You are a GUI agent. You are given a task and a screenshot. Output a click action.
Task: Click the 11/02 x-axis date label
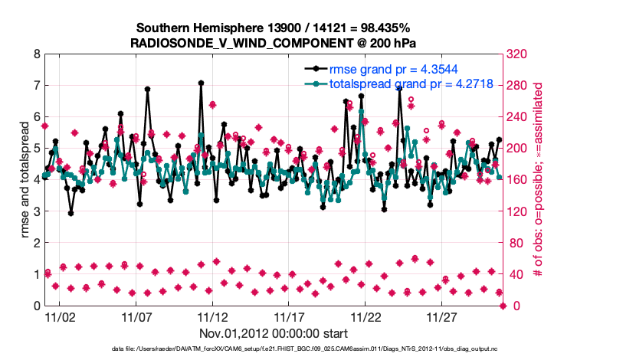point(60,316)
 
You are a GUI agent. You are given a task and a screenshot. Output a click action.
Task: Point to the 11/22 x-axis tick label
point(366,316)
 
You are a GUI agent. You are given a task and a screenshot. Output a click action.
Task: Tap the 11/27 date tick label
point(442,316)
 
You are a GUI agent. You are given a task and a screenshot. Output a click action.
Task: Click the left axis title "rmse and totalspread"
point(25,180)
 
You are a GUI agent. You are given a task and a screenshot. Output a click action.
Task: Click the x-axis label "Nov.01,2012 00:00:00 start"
point(274,334)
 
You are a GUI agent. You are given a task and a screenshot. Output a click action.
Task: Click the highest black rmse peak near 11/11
point(201,83)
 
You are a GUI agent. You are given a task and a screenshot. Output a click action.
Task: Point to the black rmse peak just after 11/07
point(147,89)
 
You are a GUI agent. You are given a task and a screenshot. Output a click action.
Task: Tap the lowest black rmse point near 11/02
point(70,213)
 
